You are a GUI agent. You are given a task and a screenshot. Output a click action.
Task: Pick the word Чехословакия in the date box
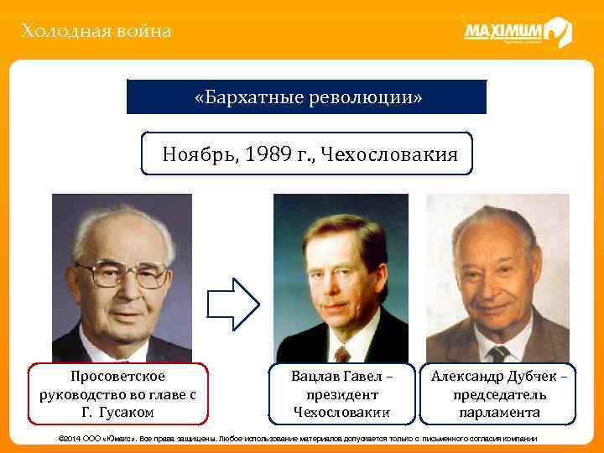391,154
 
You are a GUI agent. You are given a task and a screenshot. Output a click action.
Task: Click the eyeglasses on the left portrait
122,273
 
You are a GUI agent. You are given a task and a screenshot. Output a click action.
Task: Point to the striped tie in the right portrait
498,352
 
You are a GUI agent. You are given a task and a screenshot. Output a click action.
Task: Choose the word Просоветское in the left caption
118,376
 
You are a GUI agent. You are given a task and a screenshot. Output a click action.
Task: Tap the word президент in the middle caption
342,394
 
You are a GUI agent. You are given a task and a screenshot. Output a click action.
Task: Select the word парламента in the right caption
500,412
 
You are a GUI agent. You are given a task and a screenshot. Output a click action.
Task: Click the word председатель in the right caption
500,394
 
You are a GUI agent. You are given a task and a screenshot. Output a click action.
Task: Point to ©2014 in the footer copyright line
68,440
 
